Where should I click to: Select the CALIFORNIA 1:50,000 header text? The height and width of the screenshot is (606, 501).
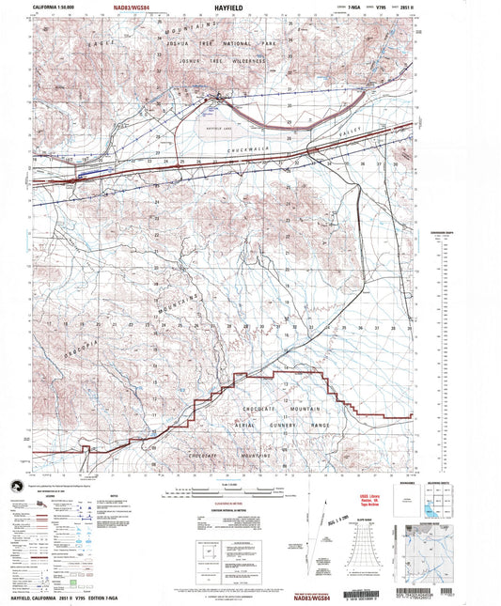click(x=55, y=7)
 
